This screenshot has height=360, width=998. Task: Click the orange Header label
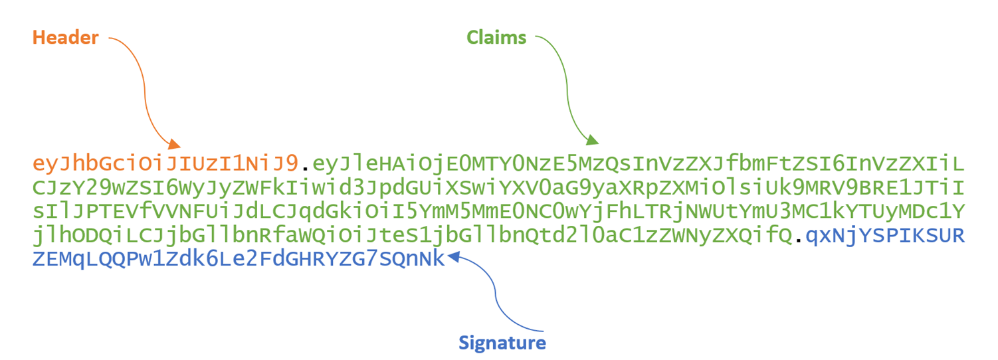click(x=65, y=39)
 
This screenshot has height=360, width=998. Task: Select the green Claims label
click(x=496, y=39)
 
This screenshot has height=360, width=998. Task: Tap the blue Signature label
click(x=502, y=343)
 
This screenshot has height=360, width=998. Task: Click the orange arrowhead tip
click(x=178, y=145)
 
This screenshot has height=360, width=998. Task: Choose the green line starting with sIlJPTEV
click(x=498, y=212)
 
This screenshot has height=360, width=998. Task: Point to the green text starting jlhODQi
click(x=412, y=236)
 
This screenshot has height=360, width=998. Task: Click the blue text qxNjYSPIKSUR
click(x=884, y=236)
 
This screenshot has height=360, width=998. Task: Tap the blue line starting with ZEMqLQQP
click(x=238, y=260)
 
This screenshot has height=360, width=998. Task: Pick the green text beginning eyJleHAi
click(x=638, y=164)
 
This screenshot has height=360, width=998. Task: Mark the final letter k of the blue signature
click(x=438, y=260)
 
